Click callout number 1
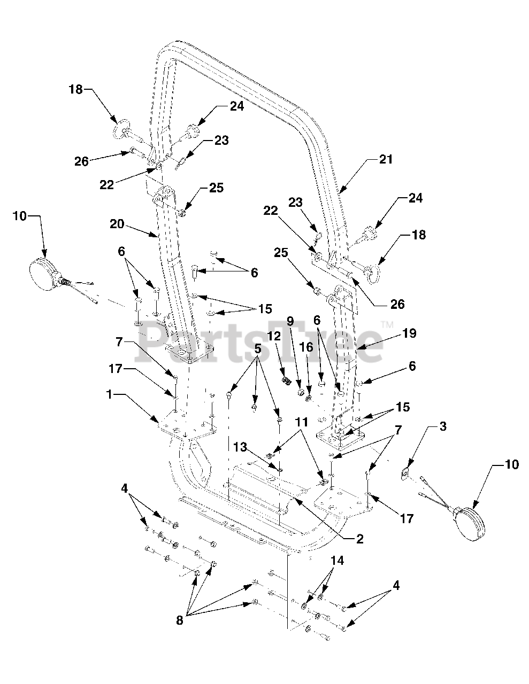109,395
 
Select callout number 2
359,539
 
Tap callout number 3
443,426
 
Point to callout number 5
258,349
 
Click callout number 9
290,321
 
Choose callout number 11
302,422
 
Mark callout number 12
274,336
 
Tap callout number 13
240,447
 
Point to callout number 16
306,347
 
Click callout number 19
410,333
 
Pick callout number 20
117,224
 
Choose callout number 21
386,159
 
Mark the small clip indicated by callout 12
286,380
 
